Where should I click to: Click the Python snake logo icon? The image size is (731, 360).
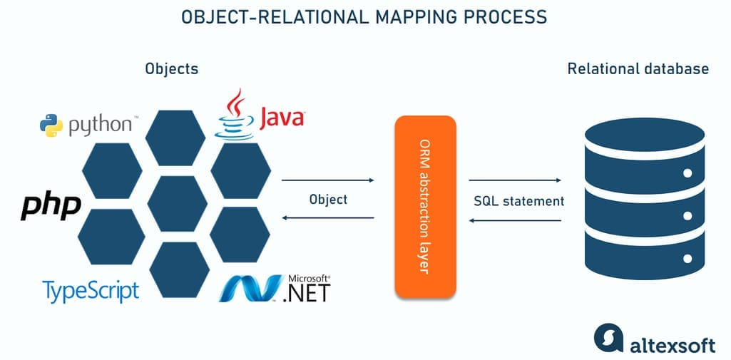click(51, 125)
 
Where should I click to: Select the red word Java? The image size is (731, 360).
click(282, 118)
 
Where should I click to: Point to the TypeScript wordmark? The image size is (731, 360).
click(91, 290)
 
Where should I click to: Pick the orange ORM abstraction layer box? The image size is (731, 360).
click(425, 206)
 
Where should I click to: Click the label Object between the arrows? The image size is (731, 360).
click(328, 199)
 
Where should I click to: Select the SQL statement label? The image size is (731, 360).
click(518, 201)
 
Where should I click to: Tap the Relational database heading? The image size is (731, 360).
click(638, 69)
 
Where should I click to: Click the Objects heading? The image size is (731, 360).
click(171, 69)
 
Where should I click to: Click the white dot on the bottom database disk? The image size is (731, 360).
click(687, 257)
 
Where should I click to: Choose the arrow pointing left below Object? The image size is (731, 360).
click(328, 218)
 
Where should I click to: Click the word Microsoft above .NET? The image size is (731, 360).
click(308, 278)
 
